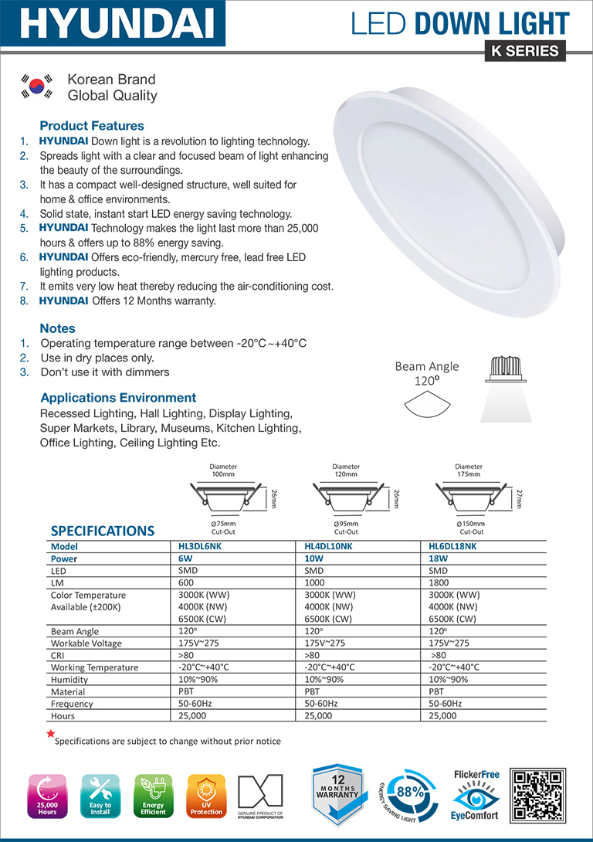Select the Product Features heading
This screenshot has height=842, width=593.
92,126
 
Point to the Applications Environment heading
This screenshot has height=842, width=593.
118,398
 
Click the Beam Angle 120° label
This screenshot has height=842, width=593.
426,373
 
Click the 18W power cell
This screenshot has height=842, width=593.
439,558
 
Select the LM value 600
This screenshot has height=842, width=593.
188,582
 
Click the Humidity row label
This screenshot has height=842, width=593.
69,680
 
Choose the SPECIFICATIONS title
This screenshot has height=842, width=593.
102,531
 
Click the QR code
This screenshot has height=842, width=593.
538,796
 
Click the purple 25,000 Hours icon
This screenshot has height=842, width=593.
48,796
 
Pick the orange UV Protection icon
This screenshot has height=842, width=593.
206,796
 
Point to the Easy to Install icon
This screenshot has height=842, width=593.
100,796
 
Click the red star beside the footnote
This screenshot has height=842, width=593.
51,734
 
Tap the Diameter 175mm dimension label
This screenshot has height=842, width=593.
469,470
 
